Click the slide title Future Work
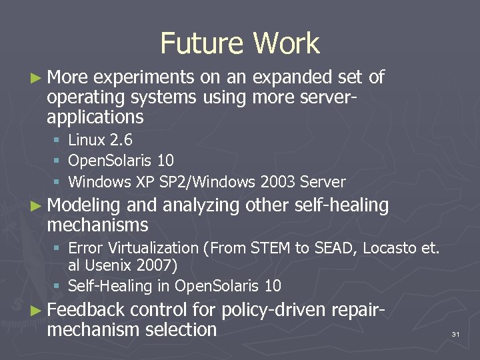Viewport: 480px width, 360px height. (240, 43)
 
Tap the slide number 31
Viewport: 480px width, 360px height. (456, 333)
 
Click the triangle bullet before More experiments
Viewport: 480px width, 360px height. (35, 78)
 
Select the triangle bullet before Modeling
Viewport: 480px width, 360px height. (35, 206)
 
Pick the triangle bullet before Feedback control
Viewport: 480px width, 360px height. (35, 310)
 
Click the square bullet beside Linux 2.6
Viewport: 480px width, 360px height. (58, 141)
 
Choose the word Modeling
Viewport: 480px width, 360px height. (83, 206)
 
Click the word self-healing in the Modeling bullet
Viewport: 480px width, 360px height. (341, 205)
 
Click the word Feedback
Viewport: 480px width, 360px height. (86, 310)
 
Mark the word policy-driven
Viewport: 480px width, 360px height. (277, 310)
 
